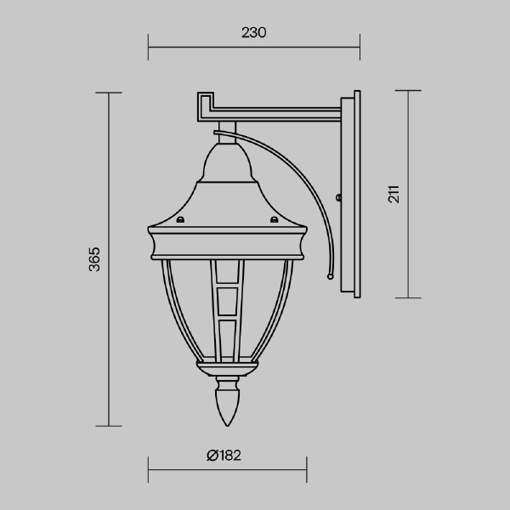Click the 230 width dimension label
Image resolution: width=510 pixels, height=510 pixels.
click(x=254, y=33)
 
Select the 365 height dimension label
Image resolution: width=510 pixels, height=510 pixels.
click(x=95, y=259)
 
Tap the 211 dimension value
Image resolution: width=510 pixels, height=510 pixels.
click(x=394, y=194)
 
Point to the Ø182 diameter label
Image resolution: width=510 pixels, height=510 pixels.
click(x=224, y=455)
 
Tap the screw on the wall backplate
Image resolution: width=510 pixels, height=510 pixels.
click(x=339, y=199)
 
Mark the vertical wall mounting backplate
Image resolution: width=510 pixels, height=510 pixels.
click(x=351, y=195)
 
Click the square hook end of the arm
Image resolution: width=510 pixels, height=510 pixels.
click(x=204, y=105)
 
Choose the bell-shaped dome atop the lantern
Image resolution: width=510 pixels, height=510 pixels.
click(x=227, y=166)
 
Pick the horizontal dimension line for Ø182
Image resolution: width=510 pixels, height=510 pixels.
click(x=227, y=468)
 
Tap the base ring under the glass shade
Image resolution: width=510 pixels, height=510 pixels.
click(x=227, y=366)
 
